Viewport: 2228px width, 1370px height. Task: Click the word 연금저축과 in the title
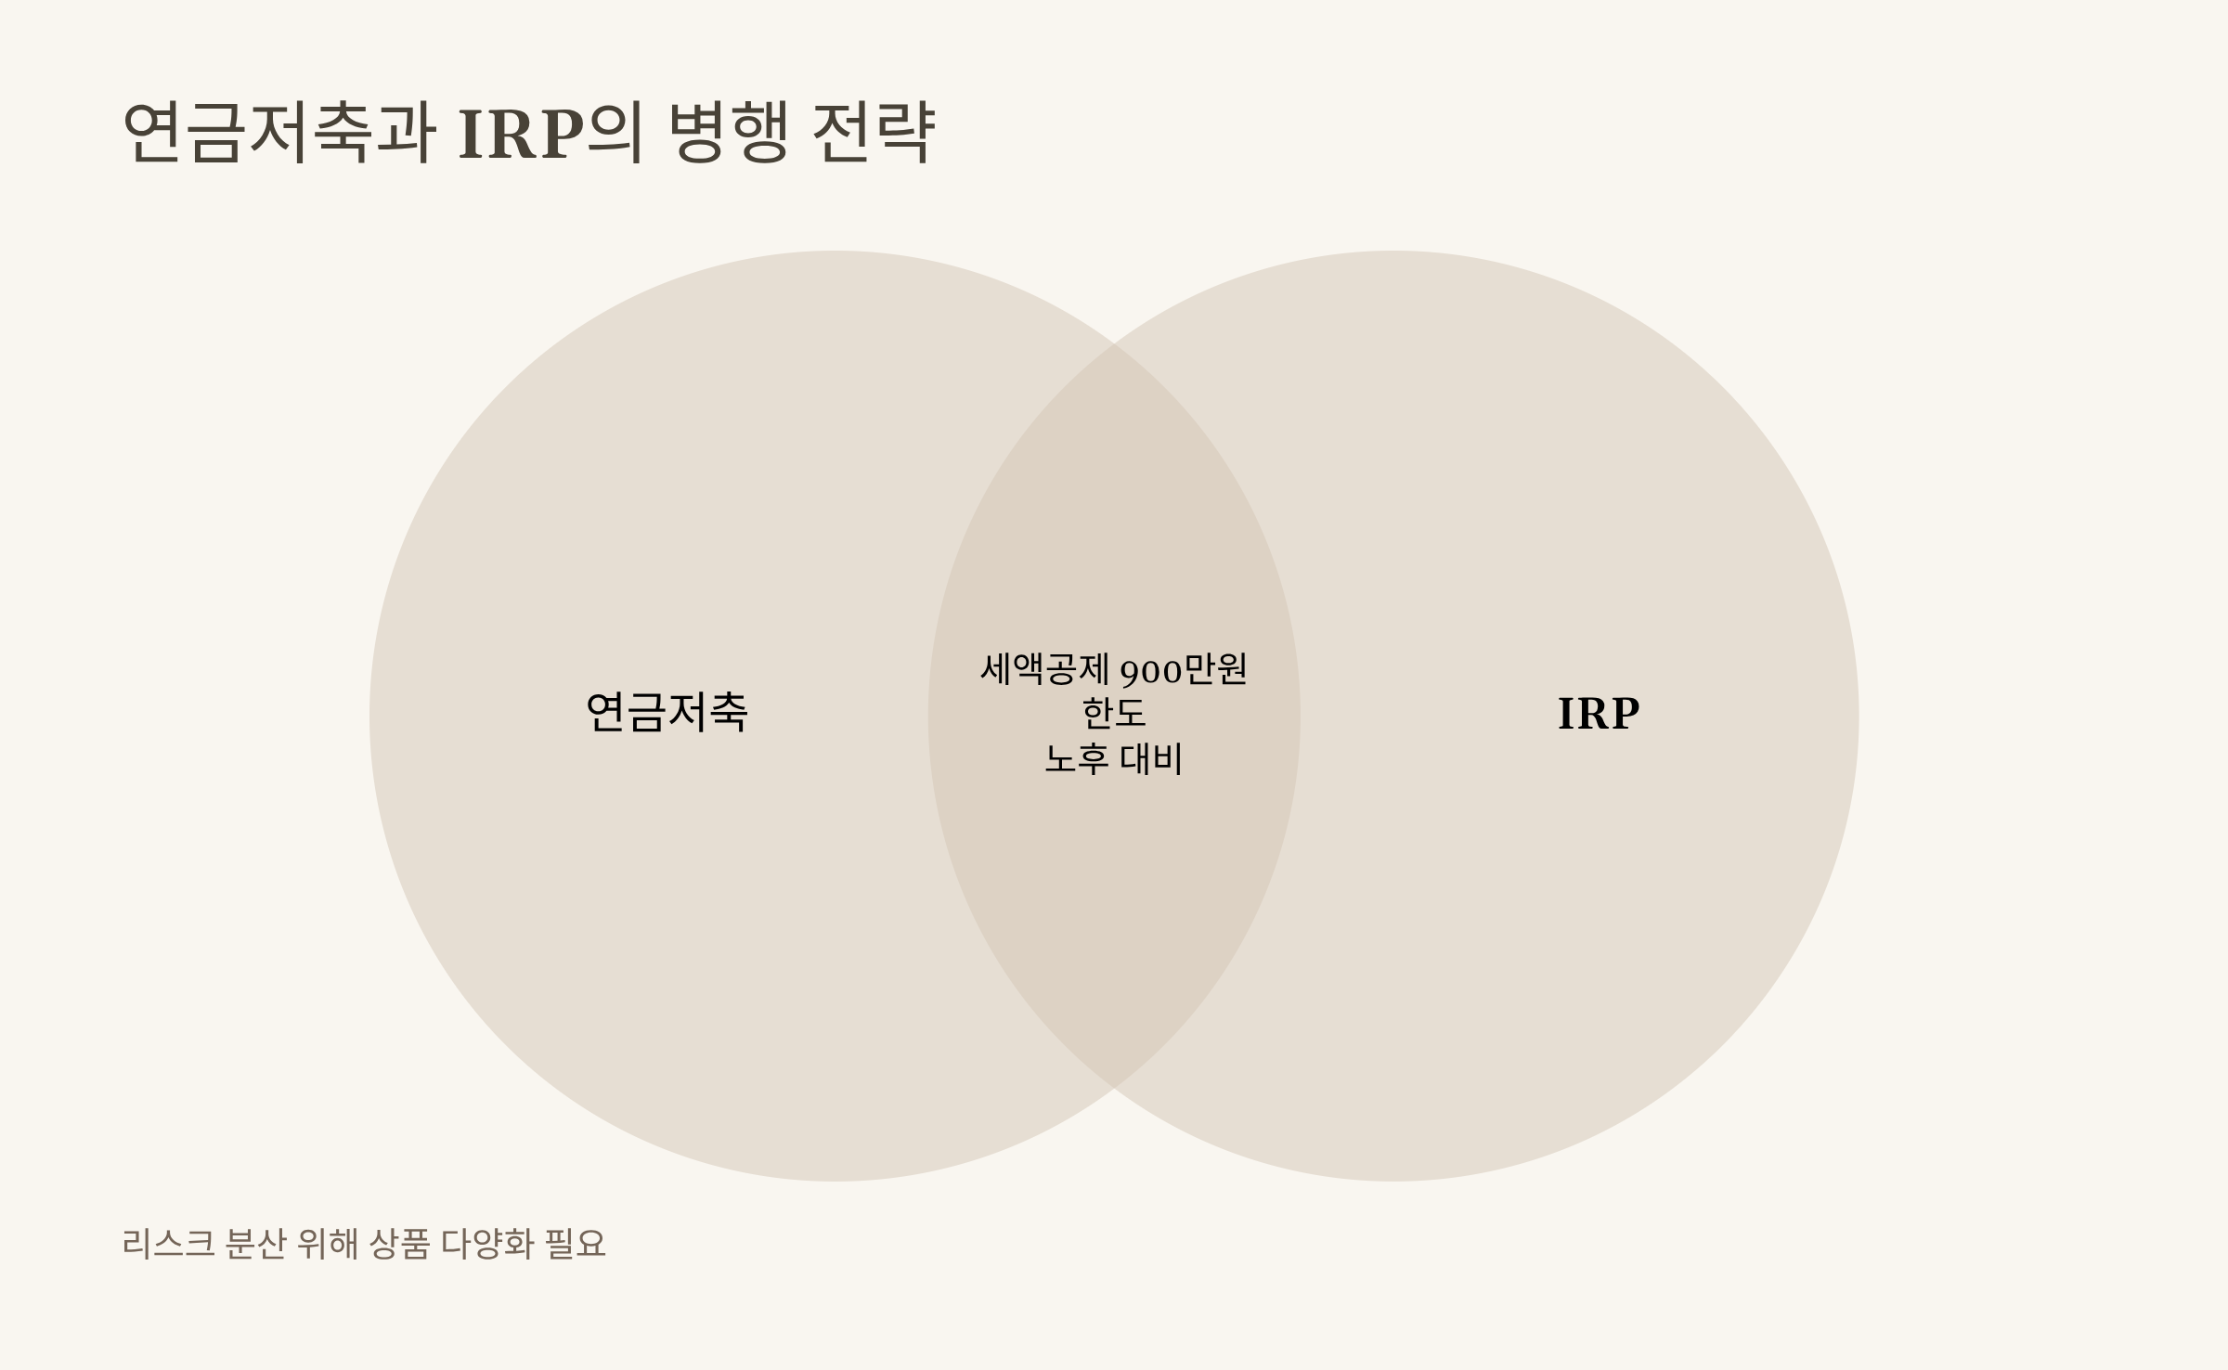click(x=278, y=133)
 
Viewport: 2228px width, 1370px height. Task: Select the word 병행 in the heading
click(x=728, y=133)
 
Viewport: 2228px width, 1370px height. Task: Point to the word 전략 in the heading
click(x=873, y=133)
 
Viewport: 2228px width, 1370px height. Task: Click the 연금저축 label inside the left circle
click(x=667, y=713)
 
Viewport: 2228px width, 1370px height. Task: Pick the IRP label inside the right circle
click(x=1598, y=714)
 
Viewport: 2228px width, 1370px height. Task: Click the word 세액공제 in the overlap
click(x=1045, y=669)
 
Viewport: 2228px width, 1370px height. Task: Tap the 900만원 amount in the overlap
click(x=1184, y=669)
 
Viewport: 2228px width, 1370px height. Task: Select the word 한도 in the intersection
click(x=1114, y=714)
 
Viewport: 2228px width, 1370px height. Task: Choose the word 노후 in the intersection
click(x=1077, y=759)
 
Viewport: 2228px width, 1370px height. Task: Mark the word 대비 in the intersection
click(x=1151, y=759)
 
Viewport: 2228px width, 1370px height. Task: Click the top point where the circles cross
click(x=1114, y=344)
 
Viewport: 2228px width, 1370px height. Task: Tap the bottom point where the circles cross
click(x=1114, y=1087)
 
